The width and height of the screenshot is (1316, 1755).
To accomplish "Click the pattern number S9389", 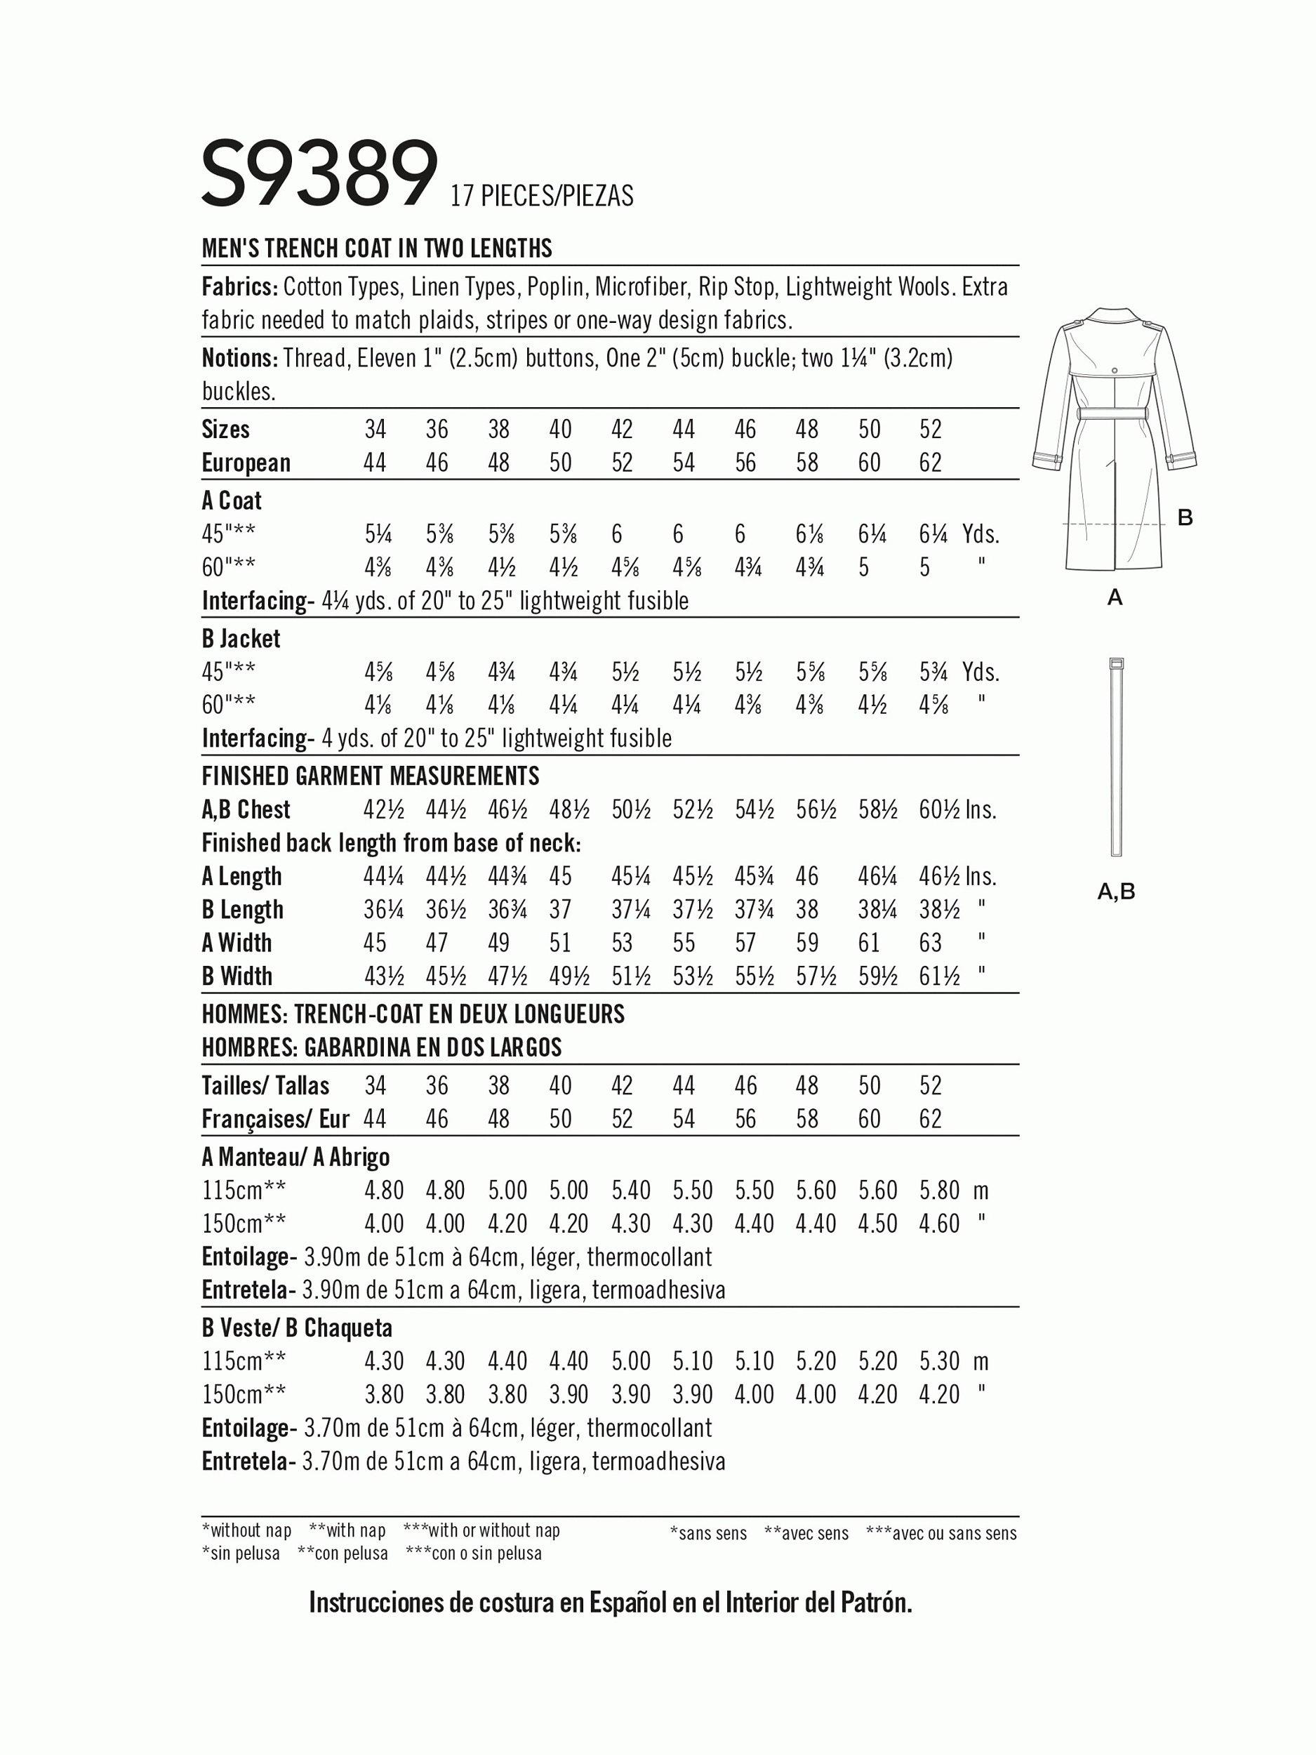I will (x=319, y=173).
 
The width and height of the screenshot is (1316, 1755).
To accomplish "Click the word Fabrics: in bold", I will (x=239, y=286).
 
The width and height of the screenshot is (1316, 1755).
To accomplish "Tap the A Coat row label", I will (x=232, y=501).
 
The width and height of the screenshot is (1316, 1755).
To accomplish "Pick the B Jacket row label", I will (x=241, y=639).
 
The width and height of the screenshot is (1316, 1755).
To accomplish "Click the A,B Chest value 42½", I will (x=384, y=810).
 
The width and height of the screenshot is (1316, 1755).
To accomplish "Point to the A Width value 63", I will (x=930, y=943).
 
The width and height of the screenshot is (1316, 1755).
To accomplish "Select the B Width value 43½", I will (x=384, y=976).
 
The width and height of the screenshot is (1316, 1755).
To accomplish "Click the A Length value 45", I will (x=560, y=877).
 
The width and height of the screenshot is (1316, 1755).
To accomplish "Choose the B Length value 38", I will (x=806, y=910).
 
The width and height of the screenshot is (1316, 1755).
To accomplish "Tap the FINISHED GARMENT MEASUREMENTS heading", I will (x=371, y=775).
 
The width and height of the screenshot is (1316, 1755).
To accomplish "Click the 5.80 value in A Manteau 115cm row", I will (x=939, y=1191).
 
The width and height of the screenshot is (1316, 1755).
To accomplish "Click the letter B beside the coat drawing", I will (x=1185, y=518).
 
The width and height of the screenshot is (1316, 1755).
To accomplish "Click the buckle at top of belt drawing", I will (x=1115, y=663).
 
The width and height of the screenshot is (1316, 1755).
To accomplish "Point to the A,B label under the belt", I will (x=1116, y=892).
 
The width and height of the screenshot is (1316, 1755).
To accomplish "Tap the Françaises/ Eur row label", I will (x=275, y=1119).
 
